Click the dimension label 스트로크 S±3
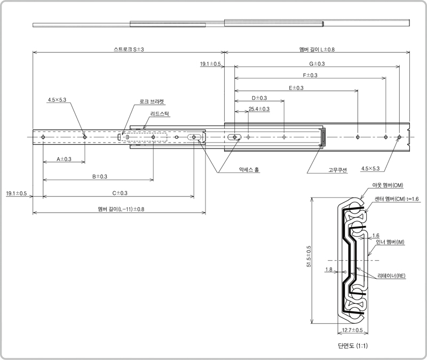pos(129,49)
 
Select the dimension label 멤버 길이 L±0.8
pos(317,49)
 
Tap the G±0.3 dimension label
pos(317,64)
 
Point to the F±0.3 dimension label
pos(310,75)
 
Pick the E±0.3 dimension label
pos(296,88)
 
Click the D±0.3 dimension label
pos(259,98)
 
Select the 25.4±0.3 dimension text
pos(259,109)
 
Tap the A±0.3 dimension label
pos(64,159)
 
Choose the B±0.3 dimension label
pos(100,176)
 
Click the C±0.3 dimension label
pos(120,193)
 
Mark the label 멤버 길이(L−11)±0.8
pos(121,209)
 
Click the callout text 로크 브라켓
pos(152,101)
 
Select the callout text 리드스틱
pos(160,114)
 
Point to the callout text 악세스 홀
pos(249,169)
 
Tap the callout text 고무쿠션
pos(338,170)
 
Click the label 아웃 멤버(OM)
pos(388,185)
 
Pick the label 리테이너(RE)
pos(391,276)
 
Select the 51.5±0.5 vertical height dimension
pos(309,256)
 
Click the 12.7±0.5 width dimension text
pos(352,330)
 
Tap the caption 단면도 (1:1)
pos(353,346)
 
